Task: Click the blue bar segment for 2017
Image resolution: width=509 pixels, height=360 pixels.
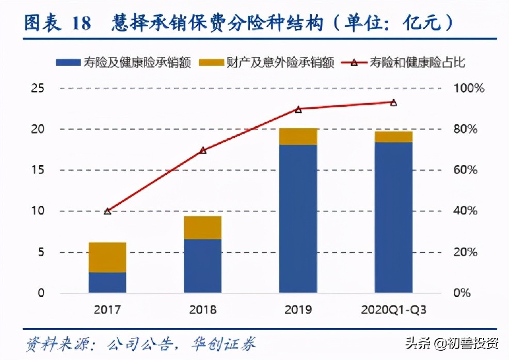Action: [x=107, y=283]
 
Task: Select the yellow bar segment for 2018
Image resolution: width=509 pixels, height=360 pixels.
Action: [x=203, y=227]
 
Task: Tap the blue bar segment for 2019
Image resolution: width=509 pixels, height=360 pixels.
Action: [x=298, y=219]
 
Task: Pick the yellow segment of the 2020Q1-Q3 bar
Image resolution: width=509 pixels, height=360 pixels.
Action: [x=394, y=137]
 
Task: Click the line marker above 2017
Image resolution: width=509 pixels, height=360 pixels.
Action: [x=107, y=211]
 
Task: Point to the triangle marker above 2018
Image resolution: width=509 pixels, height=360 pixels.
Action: [x=203, y=151]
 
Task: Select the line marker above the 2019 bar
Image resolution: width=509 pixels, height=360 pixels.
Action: [x=298, y=109]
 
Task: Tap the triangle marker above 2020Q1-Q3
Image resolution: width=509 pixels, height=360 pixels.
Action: [x=394, y=103]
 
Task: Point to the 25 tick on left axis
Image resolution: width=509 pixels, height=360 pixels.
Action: [x=37, y=88]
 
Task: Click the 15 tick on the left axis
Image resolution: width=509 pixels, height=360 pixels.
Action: [x=37, y=170]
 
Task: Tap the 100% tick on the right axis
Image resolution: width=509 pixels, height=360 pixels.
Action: [x=469, y=88]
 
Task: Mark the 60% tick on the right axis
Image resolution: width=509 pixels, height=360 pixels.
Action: [x=469, y=170]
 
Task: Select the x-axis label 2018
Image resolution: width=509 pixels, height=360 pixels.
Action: [x=203, y=310]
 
